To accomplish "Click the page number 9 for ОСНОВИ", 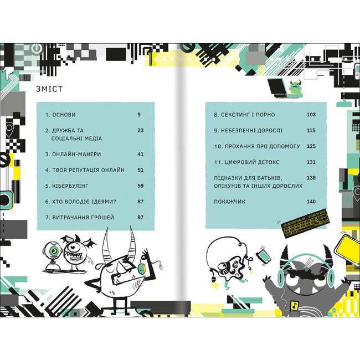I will [x=140, y=115].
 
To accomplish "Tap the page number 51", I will [x=140, y=170].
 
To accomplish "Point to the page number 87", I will [x=140, y=202].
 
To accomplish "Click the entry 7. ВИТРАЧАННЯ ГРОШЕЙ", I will [x=80, y=218].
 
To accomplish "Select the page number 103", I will [x=310, y=115].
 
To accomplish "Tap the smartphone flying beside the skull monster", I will [x=264, y=257].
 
